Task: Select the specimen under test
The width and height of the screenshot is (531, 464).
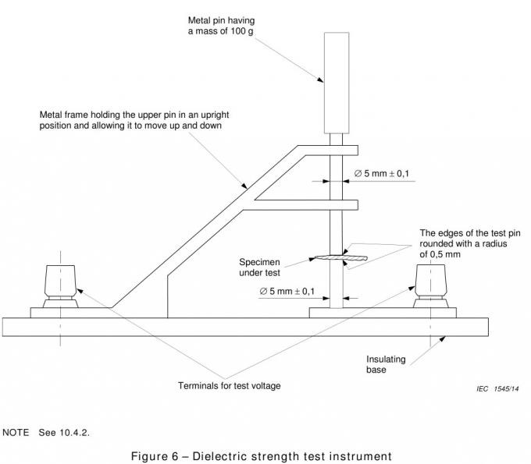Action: click(x=336, y=256)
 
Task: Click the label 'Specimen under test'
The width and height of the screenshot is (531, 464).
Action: click(x=260, y=267)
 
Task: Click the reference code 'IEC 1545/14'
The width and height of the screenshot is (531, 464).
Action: click(x=497, y=388)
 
